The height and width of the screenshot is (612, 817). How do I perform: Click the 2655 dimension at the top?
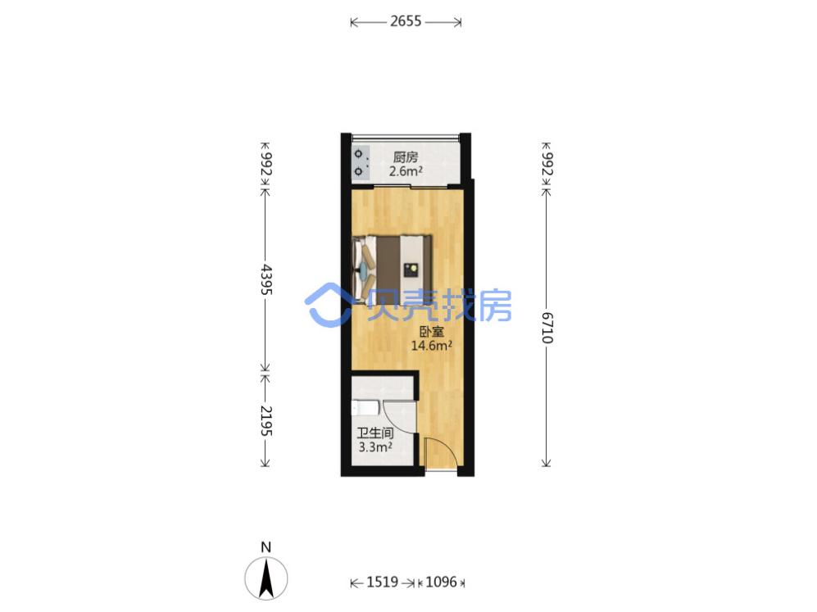(406, 21)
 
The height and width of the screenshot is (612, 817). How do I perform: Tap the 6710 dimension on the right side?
(546, 328)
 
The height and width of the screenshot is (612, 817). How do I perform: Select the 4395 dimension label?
(266, 279)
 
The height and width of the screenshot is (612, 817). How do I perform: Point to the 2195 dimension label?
(266, 421)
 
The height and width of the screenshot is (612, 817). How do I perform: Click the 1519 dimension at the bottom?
(383, 582)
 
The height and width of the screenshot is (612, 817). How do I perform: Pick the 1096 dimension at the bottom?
(441, 582)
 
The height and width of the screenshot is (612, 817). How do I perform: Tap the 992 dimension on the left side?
(266, 164)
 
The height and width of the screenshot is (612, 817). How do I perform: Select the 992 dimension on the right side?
(546, 164)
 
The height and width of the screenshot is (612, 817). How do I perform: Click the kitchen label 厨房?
(406, 156)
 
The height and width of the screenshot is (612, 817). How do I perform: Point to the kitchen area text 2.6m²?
(406, 171)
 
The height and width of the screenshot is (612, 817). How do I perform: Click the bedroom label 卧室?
(431, 332)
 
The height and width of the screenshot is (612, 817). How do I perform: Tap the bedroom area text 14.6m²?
(431, 345)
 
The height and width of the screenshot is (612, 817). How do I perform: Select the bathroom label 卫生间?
(374, 433)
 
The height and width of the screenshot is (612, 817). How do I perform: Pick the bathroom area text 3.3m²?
(375, 447)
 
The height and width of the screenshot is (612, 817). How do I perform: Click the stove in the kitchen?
(361, 162)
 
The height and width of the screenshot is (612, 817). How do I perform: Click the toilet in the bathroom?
(363, 407)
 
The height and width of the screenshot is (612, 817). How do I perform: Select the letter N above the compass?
(266, 547)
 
